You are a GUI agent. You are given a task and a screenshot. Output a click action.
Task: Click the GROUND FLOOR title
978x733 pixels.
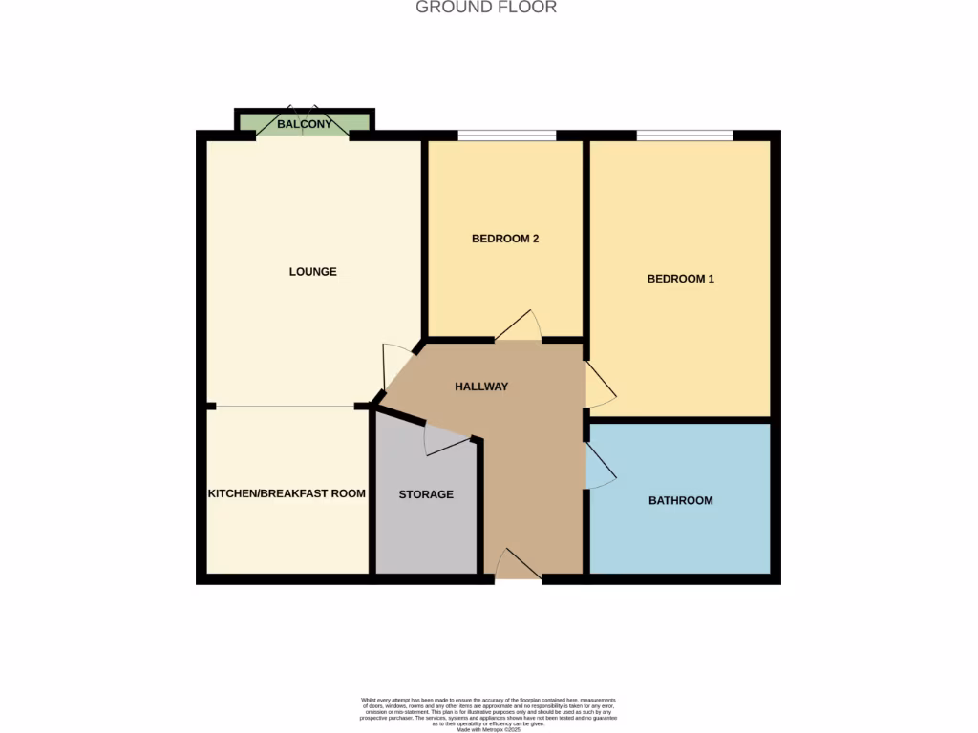[x=486, y=8]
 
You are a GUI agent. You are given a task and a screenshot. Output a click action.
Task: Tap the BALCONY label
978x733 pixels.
[x=305, y=124]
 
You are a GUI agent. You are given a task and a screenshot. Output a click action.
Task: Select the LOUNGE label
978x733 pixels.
[x=313, y=272]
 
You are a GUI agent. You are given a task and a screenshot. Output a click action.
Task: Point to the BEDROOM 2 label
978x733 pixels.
[x=505, y=239]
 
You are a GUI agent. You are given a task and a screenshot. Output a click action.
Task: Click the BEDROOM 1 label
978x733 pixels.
[x=681, y=279]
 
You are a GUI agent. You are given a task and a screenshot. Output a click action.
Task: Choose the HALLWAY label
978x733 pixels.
[x=481, y=387]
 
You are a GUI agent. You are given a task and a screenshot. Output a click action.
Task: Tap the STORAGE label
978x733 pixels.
[x=426, y=494]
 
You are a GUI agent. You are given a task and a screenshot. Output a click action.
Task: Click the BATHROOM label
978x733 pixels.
[x=681, y=500]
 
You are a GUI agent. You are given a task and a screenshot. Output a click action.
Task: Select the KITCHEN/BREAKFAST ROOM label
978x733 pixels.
[x=287, y=493]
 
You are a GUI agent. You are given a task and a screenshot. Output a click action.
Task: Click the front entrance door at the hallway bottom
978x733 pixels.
[x=518, y=566]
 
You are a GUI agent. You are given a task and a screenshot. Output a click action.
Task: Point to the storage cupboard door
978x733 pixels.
[x=445, y=439]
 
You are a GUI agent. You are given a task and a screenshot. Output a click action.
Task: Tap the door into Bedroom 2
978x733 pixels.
[x=519, y=327]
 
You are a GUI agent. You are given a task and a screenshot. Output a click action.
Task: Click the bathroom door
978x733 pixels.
[x=599, y=466]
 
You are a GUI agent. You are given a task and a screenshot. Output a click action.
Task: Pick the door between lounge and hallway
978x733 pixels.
[x=394, y=366]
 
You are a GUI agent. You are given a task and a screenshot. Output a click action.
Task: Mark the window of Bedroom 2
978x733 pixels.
[x=506, y=136]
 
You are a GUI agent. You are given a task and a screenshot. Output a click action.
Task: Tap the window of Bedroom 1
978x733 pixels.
[x=685, y=136]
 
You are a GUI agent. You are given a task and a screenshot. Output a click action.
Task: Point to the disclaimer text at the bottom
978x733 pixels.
[x=488, y=712]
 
